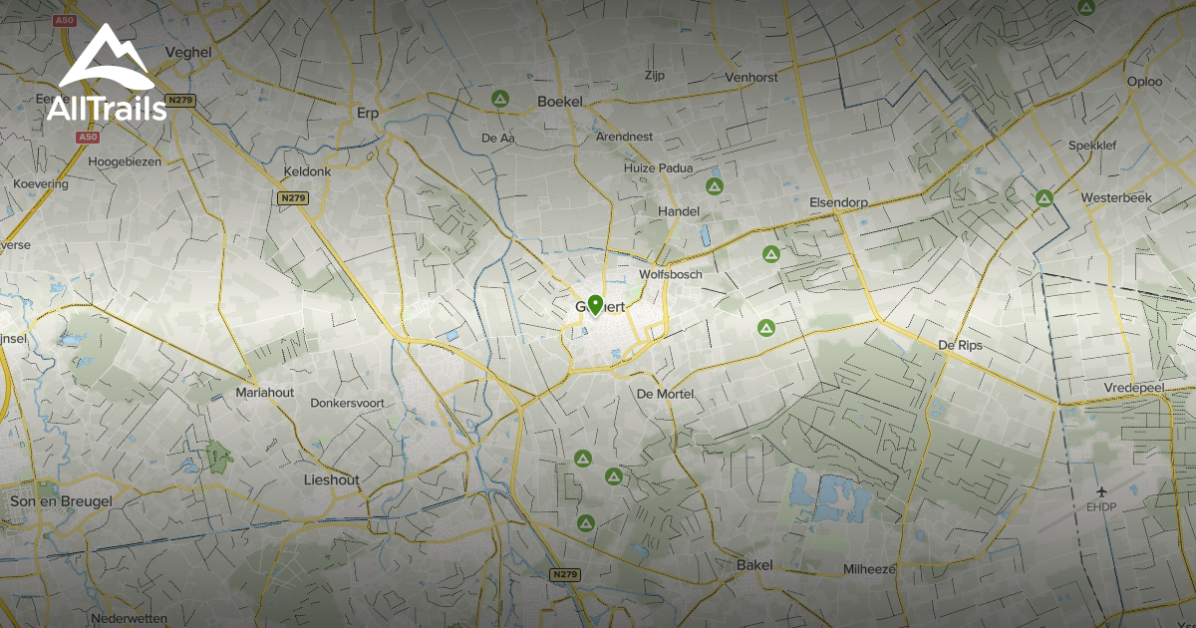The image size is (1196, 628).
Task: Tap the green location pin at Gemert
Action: (595, 305)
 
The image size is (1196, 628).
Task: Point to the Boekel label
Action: (559, 101)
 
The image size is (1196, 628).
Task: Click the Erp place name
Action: (368, 113)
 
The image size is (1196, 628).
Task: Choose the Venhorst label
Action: (751, 77)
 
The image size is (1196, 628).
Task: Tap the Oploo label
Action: (1144, 82)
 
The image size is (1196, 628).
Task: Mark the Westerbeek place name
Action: (1115, 197)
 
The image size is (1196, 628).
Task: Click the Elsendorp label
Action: (838, 201)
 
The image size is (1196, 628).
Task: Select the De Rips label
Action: (960, 345)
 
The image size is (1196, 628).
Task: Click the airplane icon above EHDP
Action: (1101, 491)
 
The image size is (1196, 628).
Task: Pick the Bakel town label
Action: (754, 565)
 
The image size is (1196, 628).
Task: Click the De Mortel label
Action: (665, 394)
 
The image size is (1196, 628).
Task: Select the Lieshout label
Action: (331, 479)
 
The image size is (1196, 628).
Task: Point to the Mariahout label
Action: (264, 393)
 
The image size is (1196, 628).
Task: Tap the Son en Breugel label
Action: (61, 501)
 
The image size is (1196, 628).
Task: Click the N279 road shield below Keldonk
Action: (293, 198)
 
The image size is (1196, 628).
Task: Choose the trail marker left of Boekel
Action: (500, 99)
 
